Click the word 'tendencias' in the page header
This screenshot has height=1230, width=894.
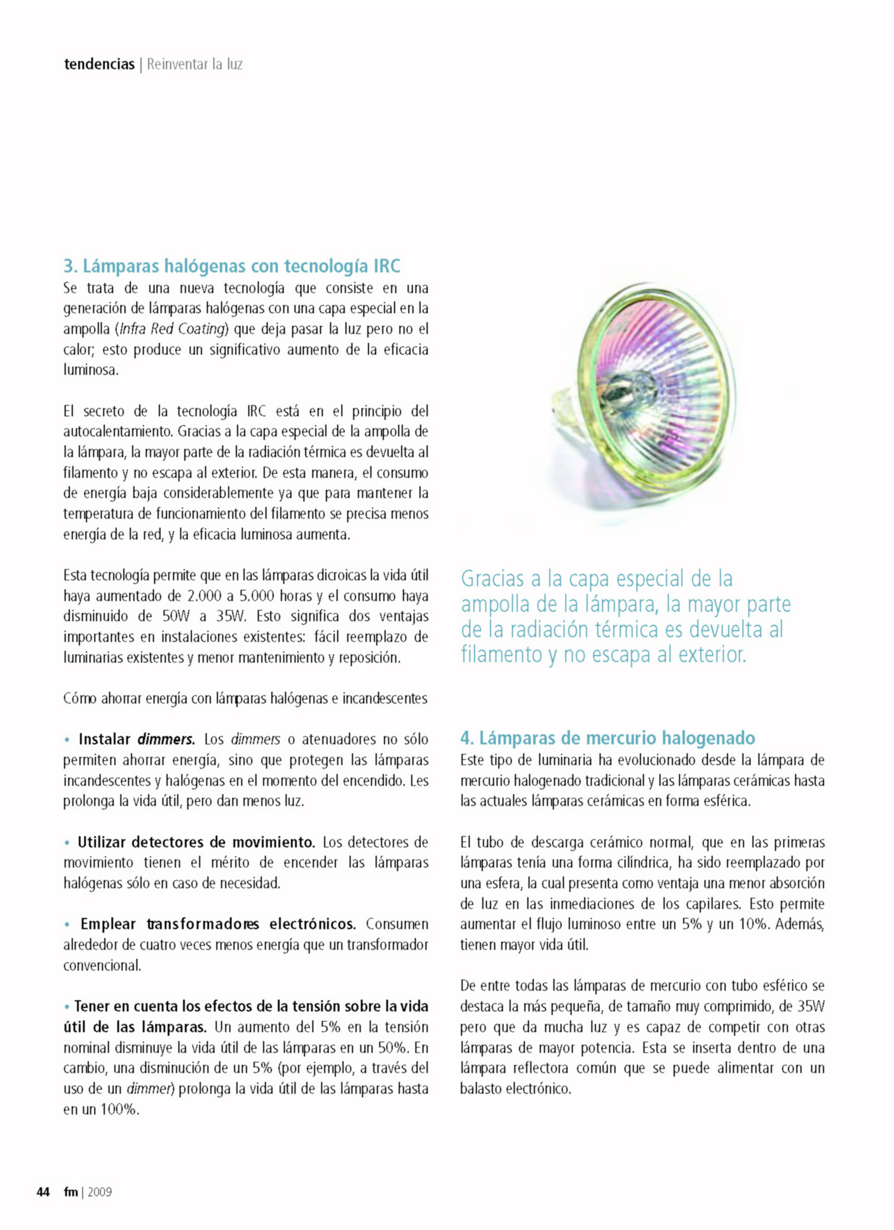coord(99,64)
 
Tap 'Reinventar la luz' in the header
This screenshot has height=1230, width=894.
coord(195,64)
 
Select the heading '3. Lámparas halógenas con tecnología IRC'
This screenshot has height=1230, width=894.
coord(232,266)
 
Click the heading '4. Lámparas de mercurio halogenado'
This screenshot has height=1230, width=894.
coord(607,738)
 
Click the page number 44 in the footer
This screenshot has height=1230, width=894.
coord(43,1192)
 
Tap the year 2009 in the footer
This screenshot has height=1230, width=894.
coord(100,1192)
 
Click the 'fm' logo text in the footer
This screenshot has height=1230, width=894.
coord(71,1192)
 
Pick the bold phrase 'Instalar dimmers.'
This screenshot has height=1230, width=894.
coord(136,739)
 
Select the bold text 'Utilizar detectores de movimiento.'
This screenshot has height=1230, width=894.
coord(196,842)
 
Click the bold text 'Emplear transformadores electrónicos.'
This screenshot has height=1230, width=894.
coord(217,924)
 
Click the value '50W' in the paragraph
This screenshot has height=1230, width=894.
coord(175,616)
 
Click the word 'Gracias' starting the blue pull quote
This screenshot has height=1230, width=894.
coord(492,579)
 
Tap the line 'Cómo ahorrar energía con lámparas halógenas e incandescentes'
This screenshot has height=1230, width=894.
coord(245,698)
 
